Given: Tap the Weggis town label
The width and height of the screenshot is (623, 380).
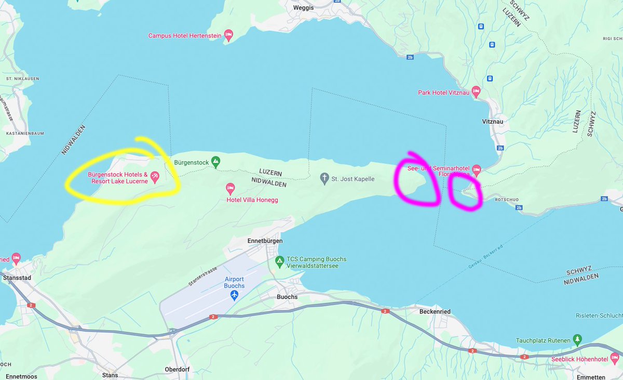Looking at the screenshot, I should point(303,7).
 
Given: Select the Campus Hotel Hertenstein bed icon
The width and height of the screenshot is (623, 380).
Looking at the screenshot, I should point(228,35).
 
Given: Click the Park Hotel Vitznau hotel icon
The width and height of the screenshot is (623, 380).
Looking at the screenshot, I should point(476,92).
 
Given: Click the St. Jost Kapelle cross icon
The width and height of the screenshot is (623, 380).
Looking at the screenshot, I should point(324,179).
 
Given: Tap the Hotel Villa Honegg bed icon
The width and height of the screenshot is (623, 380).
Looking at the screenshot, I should point(231,188).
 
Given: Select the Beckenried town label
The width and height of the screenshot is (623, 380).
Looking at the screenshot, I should point(435,311).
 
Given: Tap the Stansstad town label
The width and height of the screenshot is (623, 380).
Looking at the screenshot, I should point(17,278).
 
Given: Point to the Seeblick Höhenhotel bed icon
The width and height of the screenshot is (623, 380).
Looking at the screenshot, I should point(615,358).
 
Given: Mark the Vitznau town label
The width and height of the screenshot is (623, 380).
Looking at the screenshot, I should point(492,122).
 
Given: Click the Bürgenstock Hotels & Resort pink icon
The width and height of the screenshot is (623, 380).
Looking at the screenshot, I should point(155,177).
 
